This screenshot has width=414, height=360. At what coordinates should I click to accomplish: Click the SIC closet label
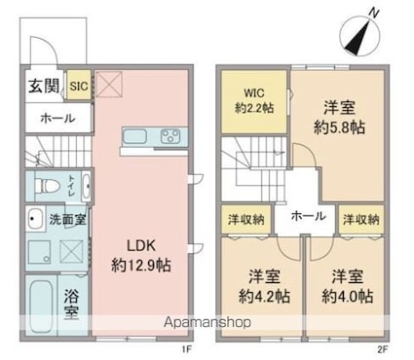[x=79, y=87]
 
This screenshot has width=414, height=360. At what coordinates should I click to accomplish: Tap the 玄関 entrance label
[x=44, y=86]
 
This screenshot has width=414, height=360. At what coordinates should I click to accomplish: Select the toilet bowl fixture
[x=47, y=186]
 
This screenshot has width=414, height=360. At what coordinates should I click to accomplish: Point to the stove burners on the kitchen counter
[x=170, y=136]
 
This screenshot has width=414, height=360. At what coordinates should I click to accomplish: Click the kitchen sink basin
[x=135, y=136]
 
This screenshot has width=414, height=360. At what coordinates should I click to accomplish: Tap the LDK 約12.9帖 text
[x=141, y=256]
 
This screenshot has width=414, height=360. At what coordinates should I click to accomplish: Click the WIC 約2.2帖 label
[x=254, y=100]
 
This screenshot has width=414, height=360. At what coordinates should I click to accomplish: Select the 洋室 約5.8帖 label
[x=339, y=118]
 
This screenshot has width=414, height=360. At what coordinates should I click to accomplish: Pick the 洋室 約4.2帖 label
[x=265, y=286]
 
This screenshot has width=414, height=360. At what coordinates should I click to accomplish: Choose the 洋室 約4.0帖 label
[x=347, y=286]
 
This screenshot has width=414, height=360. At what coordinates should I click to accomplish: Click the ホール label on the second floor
[x=308, y=216]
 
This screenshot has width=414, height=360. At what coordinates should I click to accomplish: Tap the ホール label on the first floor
[x=57, y=119]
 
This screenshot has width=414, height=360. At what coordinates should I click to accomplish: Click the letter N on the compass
[x=374, y=13]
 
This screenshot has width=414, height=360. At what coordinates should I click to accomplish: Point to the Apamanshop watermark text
[x=207, y=322]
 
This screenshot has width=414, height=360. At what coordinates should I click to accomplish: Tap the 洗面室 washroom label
[x=68, y=220]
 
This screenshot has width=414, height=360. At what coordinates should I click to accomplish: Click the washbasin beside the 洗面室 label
[x=35, y=219]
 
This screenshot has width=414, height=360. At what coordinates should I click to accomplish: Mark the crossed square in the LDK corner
[x=110, y=85]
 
